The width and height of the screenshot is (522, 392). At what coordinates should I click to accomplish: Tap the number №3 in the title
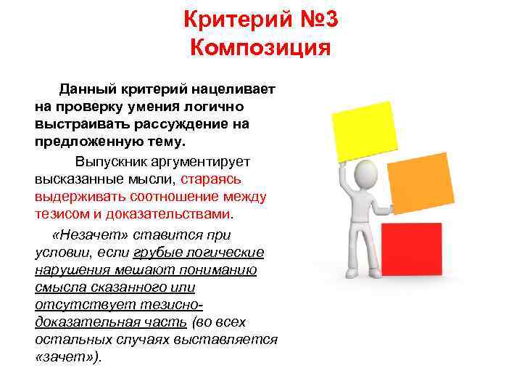coord(315,19)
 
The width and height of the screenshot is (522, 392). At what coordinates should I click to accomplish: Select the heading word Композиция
coord(260,49)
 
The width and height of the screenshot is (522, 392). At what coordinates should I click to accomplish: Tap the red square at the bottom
coord(411,249)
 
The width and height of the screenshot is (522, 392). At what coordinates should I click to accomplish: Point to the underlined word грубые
coord(156,253)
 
